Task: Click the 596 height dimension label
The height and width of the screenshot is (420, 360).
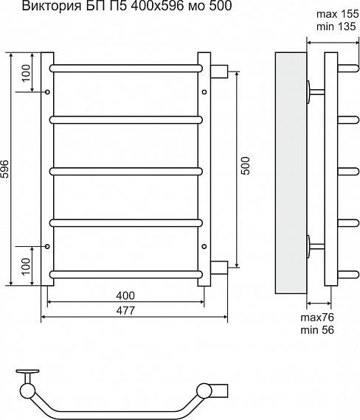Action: [5, 169]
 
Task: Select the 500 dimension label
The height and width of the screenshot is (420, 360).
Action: [246, 166]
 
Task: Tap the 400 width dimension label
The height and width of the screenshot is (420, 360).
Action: [125, 295]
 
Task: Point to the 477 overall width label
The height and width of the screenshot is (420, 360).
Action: [125, 311]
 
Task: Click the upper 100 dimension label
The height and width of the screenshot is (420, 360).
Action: [27, 74]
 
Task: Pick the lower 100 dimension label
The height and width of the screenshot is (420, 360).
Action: [27, 266]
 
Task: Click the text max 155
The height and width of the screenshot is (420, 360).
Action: [337, 14]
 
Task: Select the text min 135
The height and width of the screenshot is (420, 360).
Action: [336, 27]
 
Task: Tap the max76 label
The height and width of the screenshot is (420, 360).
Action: [317, 318]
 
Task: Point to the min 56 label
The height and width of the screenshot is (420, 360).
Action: [317, 329]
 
